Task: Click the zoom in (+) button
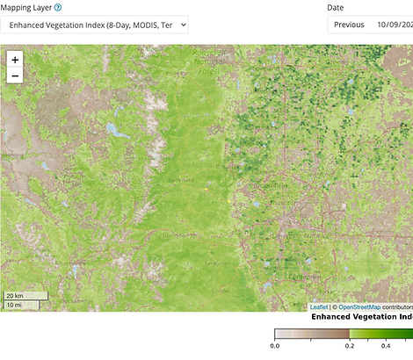click(15, 60)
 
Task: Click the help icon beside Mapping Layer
click(58, 7)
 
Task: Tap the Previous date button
click(349, 25)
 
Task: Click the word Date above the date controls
click(335, 7)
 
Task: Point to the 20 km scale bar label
click(14, 296)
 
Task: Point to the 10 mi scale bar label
click(14, 305)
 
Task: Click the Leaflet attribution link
click(319, 307)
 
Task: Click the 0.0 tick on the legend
click(275, 347)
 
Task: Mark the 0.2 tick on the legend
click(349, 347)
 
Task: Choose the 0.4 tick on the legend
click(385, 347)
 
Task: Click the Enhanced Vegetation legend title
click(361, 316)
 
